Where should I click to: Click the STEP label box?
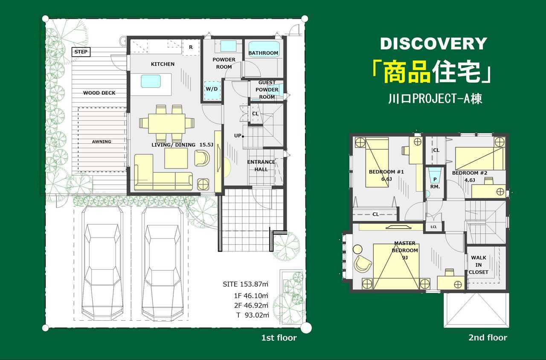pyautogui.click(x=81, y=52)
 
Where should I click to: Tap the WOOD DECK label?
pyautogui.click(x=99, y=93)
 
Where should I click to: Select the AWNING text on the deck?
pyautogui.click(x=102, y=142)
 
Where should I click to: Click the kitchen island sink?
pyautogui.click(x=151, y=81)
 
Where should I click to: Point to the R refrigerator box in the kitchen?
pyautogui.click(x=191, y=47)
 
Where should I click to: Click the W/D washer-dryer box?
pyautogui.click(x=212, y=90)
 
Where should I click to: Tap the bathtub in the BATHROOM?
pyautogui.click(x=264, y=49)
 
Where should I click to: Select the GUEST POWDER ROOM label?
pyautogui.click(x=267, y=90)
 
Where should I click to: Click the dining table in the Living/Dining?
pyautogui.click(x=167, y=124)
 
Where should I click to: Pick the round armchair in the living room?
pyautogui.click(x=202, y=158)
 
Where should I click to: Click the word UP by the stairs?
pyautogui.click(x=238, y=136)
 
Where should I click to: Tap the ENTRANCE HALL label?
pyautogui.click(x=261, y=166)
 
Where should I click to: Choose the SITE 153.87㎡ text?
pyautogui.click(x=245, y=284)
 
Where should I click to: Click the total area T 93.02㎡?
pyautogui.click(x=253, y=315)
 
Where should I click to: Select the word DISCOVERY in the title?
pyautogui.click(x=434, y=44)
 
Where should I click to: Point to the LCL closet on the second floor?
pyautogui.click(x=434, y=227)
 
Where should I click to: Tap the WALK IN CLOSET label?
pyautogui.click(x=479, y=265)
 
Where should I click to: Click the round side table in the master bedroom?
pyautogui.click(x=357, y=250)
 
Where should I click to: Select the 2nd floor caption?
pyautogui.click(x=488, y=337)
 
